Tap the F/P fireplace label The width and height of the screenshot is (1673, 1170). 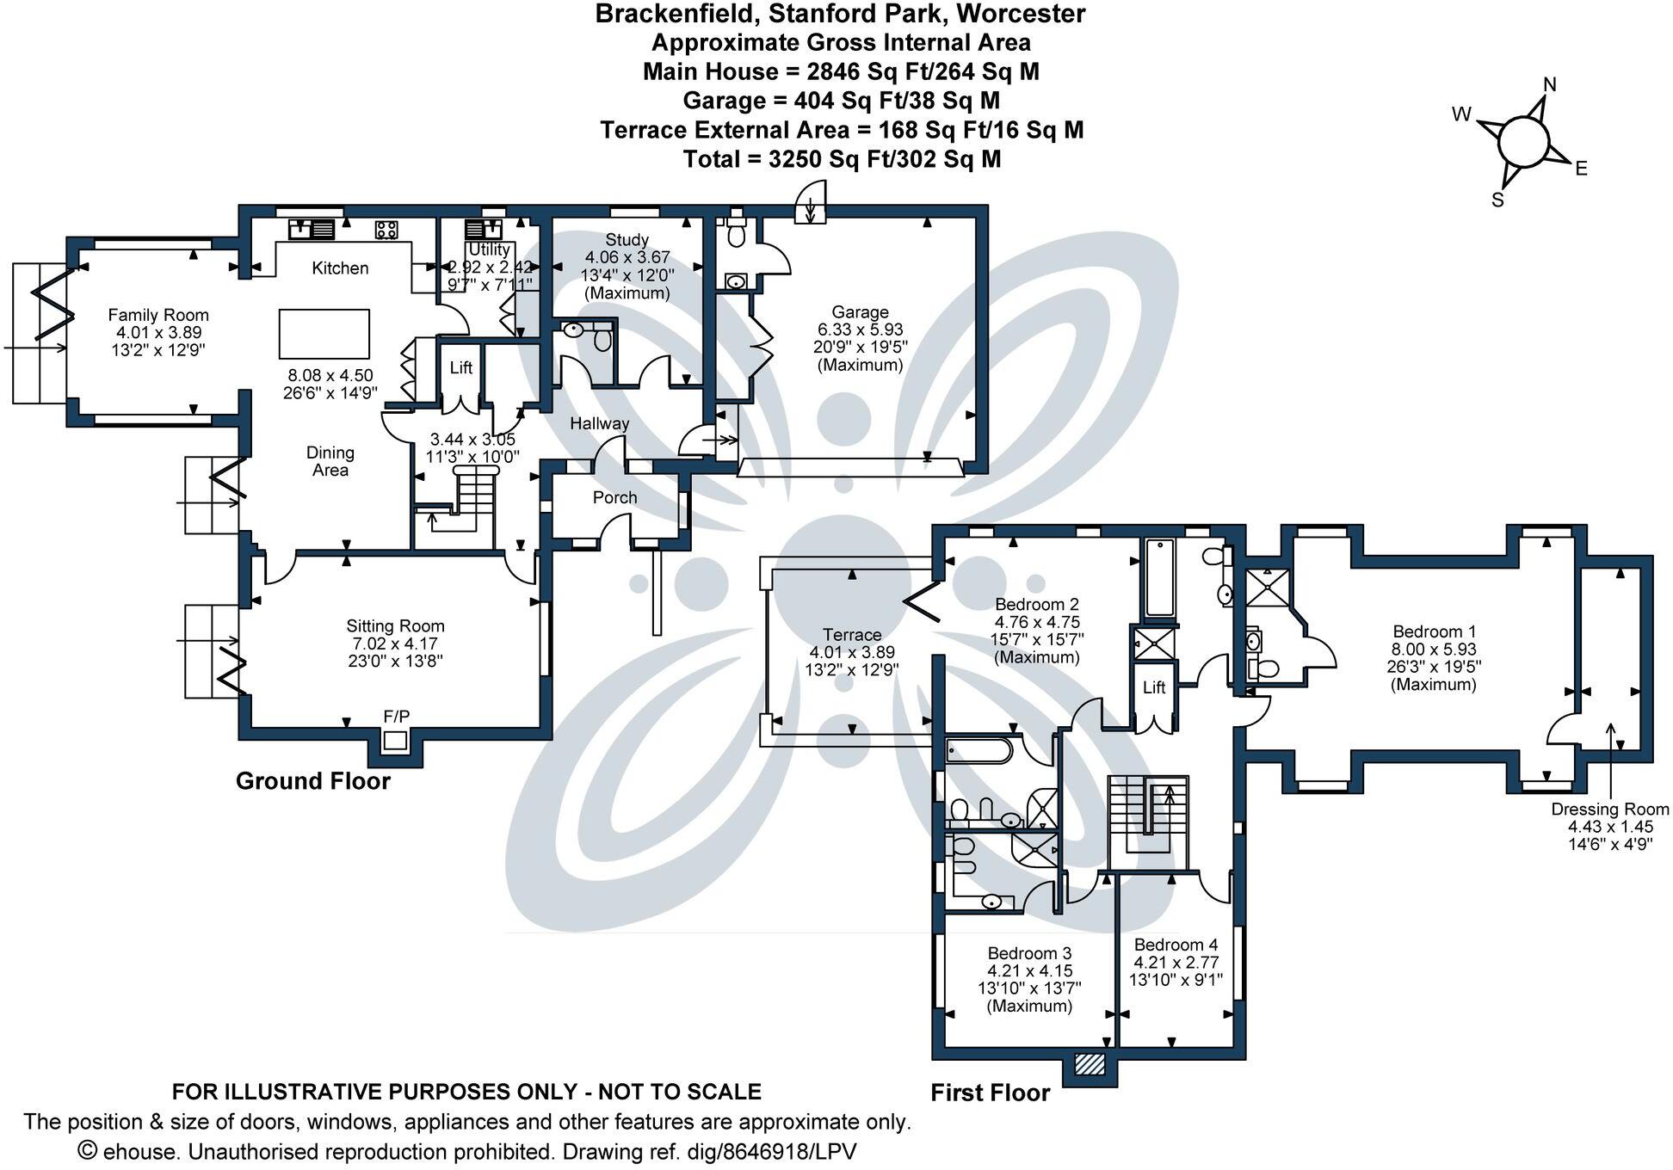[x=397, y=716]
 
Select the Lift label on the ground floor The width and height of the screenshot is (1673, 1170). [x=461, y=368]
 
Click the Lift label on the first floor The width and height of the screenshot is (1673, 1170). [x=1154, y=687]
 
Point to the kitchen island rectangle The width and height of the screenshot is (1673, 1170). [x=324, y=334]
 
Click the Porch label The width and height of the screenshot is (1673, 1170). [x=614, y=497]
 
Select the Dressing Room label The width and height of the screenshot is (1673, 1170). [x=1609, y=810]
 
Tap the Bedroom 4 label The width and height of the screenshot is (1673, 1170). [x=1176, y=945]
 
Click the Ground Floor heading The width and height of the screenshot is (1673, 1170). [x=312, y=781]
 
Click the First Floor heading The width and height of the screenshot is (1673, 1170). [x=990, y=1093]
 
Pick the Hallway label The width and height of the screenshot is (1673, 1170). [x=599, y=423]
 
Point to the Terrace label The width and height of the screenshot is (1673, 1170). [x=851, y=635]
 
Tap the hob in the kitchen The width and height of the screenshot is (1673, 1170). [x=386, y=230]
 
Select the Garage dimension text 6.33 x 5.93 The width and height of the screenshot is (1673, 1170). [x=860, y=329]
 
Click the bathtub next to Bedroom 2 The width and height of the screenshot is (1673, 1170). [x=1159, y=578]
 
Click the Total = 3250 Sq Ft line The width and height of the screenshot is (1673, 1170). [x=841, y=159]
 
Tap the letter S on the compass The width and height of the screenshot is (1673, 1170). [x=1497, y=200]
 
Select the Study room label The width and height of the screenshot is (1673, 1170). [x=627, y=240]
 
